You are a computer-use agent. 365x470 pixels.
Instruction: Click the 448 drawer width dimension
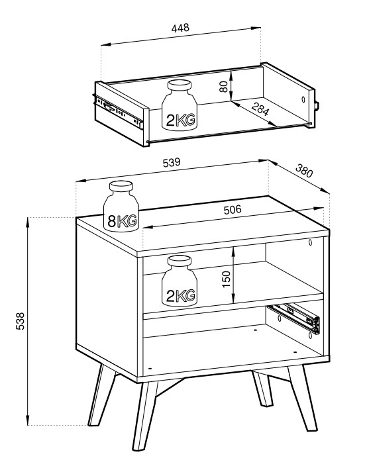[x=181, y=28]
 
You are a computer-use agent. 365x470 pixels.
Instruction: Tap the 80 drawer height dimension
[x=223, y=87]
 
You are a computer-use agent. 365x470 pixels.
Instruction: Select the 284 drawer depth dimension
[x=260, y=109]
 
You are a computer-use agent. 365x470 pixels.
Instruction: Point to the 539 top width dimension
[x=172, y=162]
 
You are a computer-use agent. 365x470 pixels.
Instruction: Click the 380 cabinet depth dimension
[x=304, y=170]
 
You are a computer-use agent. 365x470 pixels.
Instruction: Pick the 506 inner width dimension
[x=233, y=209]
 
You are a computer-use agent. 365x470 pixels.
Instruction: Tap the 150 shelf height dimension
[x=226, y=279]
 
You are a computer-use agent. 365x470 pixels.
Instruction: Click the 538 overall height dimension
[x=20, y=321]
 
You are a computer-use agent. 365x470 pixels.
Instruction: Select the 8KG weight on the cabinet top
[x=121, y=206]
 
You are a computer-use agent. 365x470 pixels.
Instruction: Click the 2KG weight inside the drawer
[x=180, y=105]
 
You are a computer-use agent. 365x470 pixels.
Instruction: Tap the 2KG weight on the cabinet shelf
[x=180, y=281]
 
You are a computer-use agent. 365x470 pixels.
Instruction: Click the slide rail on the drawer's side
[x=118, y=111]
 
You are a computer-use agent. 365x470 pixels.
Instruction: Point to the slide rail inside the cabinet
[x=294, y=318]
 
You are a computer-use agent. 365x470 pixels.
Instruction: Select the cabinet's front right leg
[x=302, y=398]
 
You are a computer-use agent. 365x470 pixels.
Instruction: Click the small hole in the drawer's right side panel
[x=303, y=99]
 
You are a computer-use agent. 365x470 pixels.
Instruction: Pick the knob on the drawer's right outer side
[x=317, y=106]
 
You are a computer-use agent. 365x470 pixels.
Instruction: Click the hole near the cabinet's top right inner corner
[x=311, y=242]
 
